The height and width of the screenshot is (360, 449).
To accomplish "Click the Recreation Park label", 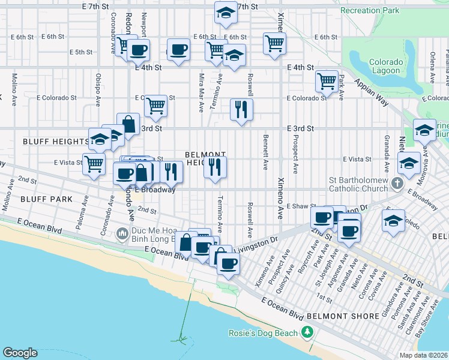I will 369,11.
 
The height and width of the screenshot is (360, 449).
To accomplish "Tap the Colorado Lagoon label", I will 384,66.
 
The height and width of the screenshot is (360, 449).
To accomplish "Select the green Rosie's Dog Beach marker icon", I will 307,332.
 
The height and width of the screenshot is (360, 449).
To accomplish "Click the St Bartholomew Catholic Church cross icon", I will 396,182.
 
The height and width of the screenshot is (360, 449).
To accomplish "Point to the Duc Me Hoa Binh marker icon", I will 122,232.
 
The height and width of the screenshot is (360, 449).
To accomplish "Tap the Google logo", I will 20,352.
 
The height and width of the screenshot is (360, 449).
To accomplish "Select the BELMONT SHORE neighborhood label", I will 336,315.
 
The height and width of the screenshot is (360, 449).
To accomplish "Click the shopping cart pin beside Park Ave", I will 327,80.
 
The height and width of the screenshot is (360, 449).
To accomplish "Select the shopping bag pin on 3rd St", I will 128,124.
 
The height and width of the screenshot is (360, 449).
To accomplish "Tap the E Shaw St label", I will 293,206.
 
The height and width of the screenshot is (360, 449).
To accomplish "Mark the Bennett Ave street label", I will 265,152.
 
